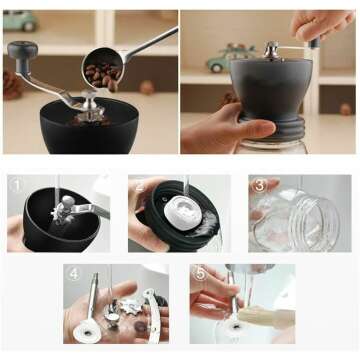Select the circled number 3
point(258,185)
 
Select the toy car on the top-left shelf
point(19,20)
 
